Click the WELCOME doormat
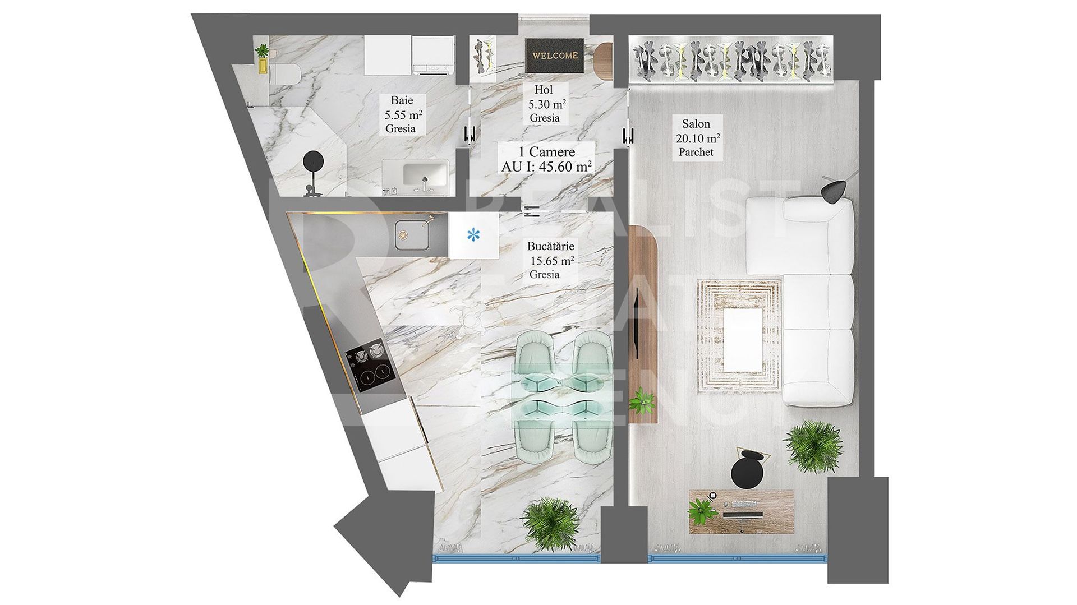[x=555, y=56]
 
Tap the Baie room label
[x=402, y=101]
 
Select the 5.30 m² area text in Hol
[x=546, y=104]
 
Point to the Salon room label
[x=696, y=123]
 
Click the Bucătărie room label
[x=551, y=246]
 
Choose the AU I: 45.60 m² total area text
[x=546, y=166]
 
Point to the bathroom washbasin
[x=425, y=173]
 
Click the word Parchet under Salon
[x=696, y=151]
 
